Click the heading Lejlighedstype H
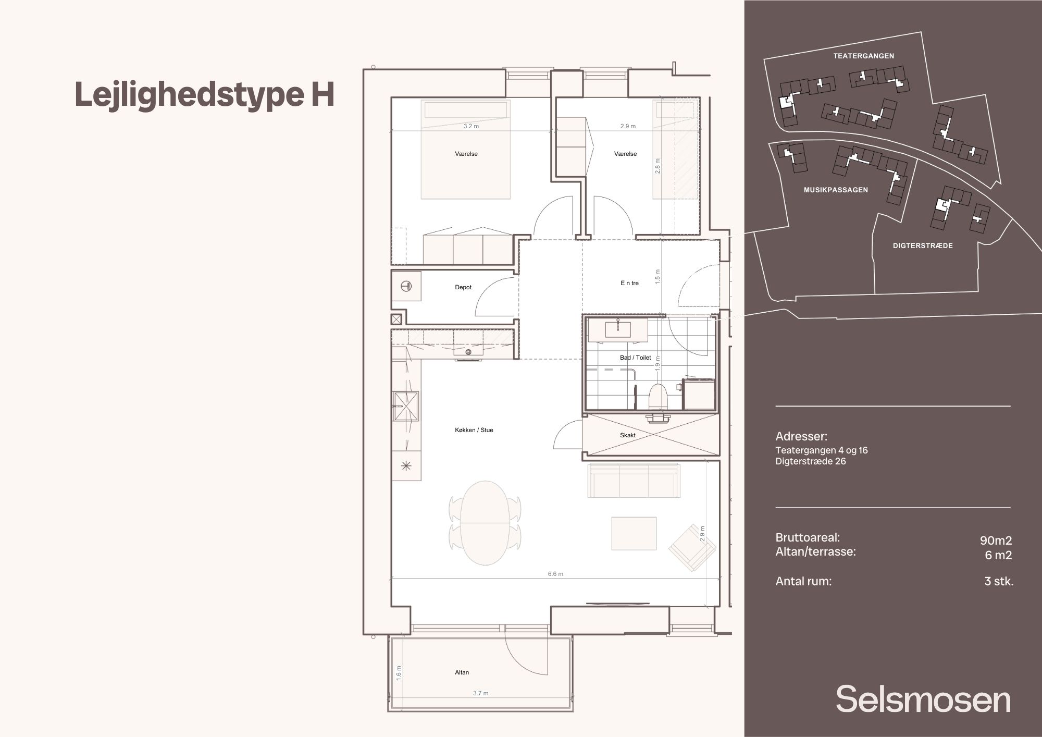204,95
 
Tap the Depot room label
463,287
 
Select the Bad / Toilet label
636,358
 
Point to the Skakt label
628,435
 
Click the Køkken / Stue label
474,430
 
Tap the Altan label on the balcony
462,672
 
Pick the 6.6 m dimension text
555,574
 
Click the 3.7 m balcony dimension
481,693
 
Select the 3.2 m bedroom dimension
471,126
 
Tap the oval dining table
486,523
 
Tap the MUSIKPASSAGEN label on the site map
836,190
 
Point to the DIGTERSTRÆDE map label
923,245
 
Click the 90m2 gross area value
996,541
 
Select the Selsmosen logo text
923,700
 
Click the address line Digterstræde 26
811,461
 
